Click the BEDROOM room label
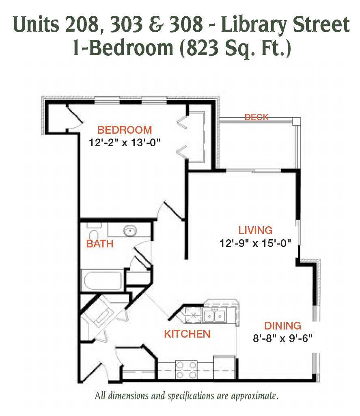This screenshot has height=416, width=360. click(x=124, y=130)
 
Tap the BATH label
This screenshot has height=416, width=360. click(x=100, y=244)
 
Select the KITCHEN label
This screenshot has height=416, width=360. click(x=187, y=334)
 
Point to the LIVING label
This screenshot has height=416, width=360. click(x=255, y=230)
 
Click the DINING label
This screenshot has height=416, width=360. click(x=282, y=326)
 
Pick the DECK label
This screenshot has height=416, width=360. click(x=257, y=117)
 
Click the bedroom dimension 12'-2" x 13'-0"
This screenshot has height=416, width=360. click(x=124, y=143)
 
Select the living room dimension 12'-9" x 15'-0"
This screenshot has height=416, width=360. click(x=255, y=243)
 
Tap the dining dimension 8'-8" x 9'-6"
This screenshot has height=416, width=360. click(x=282, y=338)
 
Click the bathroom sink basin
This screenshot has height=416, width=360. click(x=130, y=230)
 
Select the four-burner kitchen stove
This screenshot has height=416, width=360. click(x=186, y=370)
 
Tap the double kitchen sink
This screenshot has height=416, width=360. click(x=214, y=315)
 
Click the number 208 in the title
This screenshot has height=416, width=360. click(x=82, y=24)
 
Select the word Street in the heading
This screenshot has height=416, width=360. click(x=321, y=24)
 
